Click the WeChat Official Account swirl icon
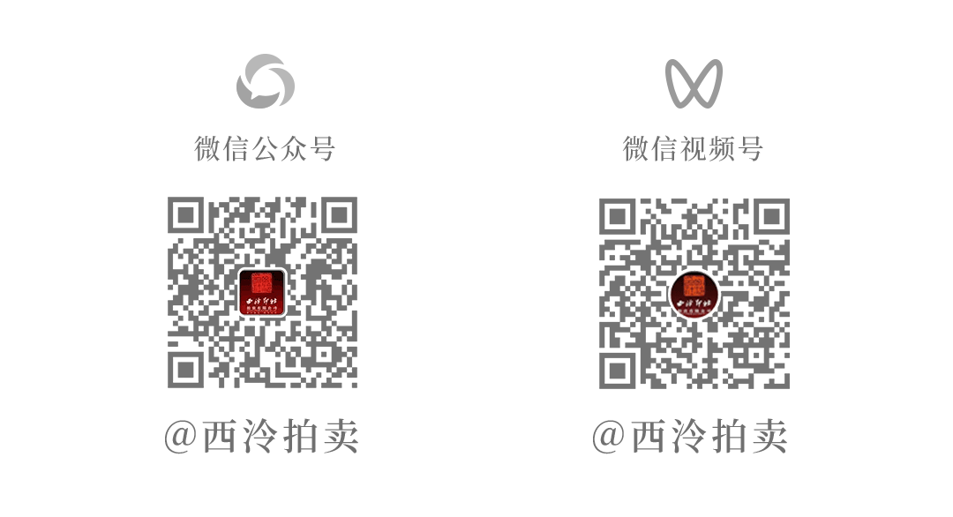tap(265, 81)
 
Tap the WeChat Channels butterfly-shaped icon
tap(694, 83)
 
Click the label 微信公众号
tap(265, 148)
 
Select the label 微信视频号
tap(693, 148)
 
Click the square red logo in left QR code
tap(263, 292)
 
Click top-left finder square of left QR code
tap(185, 215)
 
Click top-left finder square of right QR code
tap(617, 215)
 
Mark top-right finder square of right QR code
tap(771, 215)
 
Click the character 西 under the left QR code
tap(221, 437)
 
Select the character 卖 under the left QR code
tap(339, 437)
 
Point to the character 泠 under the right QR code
tap(690, 437)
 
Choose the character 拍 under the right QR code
tap(729, 437)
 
